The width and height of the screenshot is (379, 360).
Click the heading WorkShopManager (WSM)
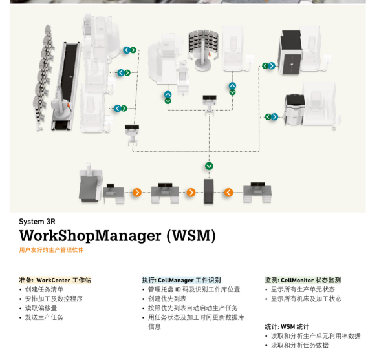click(x=118, y=236)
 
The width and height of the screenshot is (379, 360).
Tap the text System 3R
click(x=38, y=221)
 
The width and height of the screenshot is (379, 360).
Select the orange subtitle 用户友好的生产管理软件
click(x=51, y=250)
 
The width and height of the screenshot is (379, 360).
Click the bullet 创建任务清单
click(x=44, y=290)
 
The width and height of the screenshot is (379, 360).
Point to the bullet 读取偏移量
click(x=41, y=308)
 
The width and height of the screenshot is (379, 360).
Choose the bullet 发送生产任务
click(x=44, y=317)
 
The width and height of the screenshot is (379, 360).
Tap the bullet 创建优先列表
click(x=168, y=299)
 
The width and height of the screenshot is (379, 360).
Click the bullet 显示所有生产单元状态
click(x=303, y=290)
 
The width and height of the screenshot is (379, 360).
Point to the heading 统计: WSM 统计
click(x=287, y=327)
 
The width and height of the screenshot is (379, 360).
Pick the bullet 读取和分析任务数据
click(x=299, y=345)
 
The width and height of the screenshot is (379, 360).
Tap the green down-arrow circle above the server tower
click(x=209, y=166)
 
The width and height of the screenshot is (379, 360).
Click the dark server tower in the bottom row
click(x=209, y=191)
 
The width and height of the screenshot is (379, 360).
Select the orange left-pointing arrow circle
click(x=229, y=193)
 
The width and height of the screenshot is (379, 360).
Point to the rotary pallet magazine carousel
click(x=203, y=50)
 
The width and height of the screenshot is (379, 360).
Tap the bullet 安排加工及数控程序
click(x=54, y=299)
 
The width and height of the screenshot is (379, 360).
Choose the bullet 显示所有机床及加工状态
click(x=306, y=299)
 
